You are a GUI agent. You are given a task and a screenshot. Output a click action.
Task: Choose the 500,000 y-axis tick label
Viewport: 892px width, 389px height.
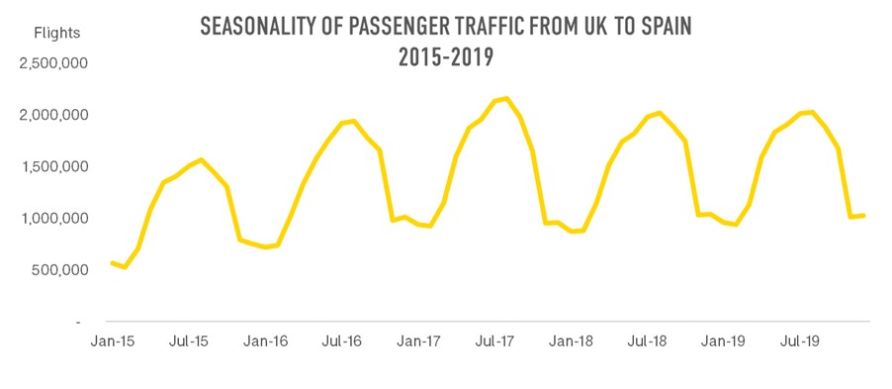tap(59, 269)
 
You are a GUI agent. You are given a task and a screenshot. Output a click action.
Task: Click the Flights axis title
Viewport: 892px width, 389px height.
tap(57, 33)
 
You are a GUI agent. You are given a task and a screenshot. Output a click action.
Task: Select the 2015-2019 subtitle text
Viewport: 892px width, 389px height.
tap(445, 58)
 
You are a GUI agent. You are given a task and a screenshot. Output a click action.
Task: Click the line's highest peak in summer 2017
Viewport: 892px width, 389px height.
tap(506, 98)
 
